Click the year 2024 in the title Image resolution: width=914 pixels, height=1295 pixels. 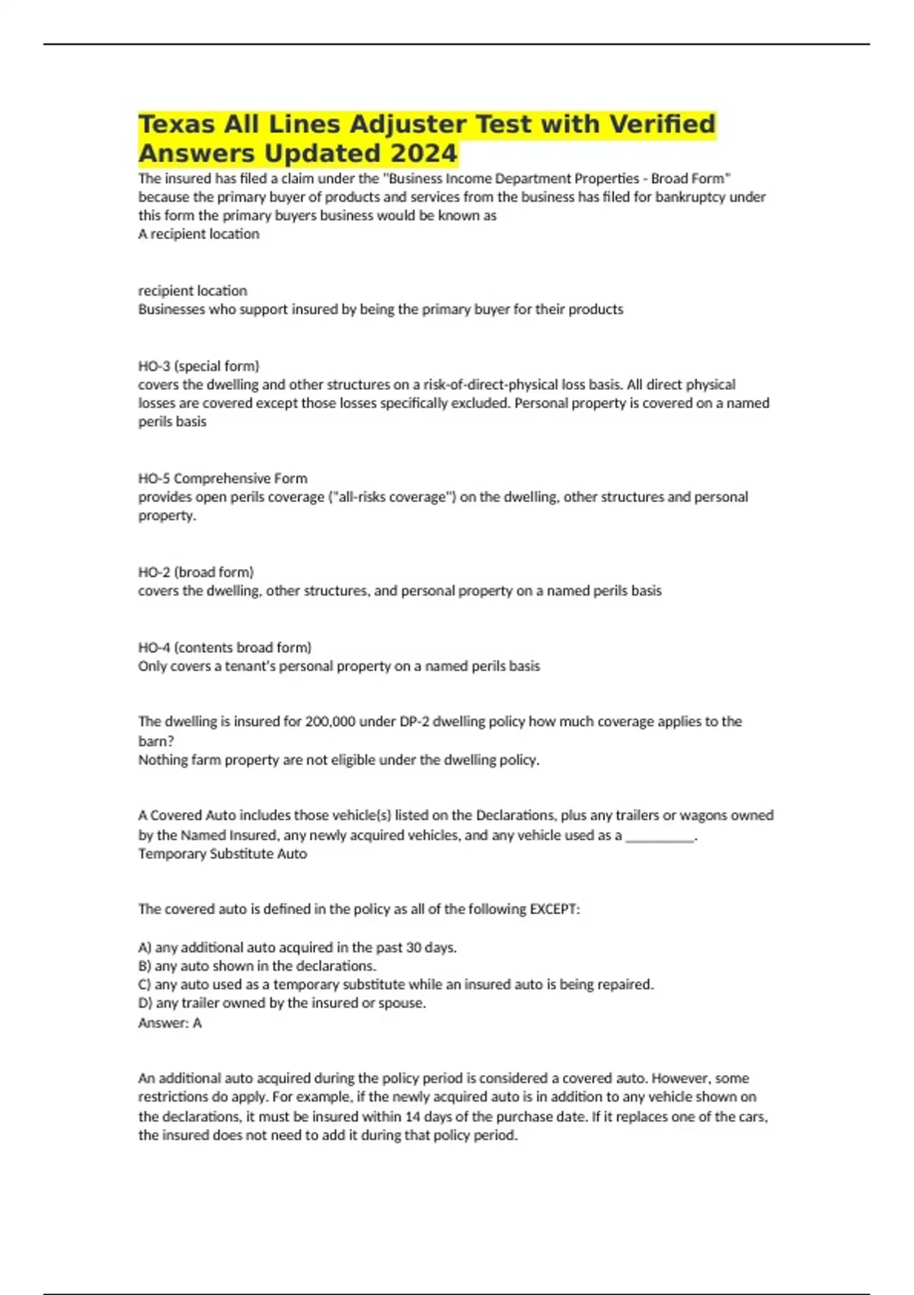[x=423, y=153]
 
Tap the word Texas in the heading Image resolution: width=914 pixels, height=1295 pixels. [x=176, y=123]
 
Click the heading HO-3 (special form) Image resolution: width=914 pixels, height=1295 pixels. [x=199, y=366]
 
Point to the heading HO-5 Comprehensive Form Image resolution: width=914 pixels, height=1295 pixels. [x=222, y=478]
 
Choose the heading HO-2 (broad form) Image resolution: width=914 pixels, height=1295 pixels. [x=196, y=572]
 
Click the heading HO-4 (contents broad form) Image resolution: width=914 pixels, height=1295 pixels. [x=225, y=647]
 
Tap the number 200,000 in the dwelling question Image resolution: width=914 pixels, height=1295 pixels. [x=330, y=721]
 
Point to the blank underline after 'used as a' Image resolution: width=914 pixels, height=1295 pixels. [x=660, y=836]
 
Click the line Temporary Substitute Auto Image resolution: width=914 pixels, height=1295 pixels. [x=222, y=854]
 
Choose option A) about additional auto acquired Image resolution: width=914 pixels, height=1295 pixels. [x=297, y=948]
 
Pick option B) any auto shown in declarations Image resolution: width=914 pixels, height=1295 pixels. [x=257, y=966]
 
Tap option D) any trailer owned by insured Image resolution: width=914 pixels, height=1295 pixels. [x=282, y=1003]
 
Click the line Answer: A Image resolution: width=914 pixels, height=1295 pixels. [x=170, y=1023]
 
